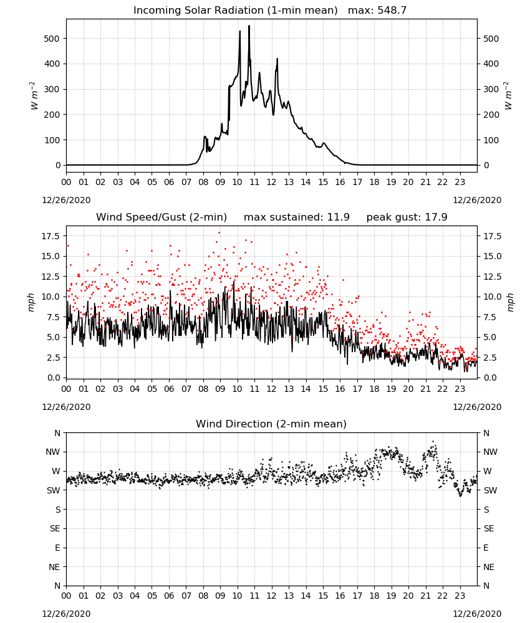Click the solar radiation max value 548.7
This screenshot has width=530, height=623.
click(x=392, y=11)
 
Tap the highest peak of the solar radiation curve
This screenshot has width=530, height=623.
click(x=249, y=26)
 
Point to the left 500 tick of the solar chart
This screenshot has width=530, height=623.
click(x=51, y=39)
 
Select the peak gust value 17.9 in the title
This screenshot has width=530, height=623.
click(x=436, y=217)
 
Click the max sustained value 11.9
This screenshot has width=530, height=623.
click(x=339, y=217)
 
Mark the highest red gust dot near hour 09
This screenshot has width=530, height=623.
click(x=219, y=233)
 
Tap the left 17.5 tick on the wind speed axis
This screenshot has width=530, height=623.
click(x=51, y=236)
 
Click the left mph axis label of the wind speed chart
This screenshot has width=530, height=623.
click(x=31, y=302)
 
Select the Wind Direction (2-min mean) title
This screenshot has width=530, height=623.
click(x=271, y=424)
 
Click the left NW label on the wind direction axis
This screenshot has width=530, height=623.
click(x=53, y=452)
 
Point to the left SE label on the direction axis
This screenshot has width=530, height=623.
click(x=55, y=528)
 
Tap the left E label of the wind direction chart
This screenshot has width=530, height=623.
click(x=57, y=548)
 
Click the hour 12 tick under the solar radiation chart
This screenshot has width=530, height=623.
click(x=272, y=183)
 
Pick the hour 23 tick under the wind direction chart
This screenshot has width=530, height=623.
click(x=460, y=596)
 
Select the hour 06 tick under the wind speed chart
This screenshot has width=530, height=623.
click(x=169, y=389)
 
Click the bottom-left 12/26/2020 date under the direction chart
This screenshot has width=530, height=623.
click(x=66, y=614)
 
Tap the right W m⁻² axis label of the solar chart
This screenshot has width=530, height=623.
click(x=509, y=96)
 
